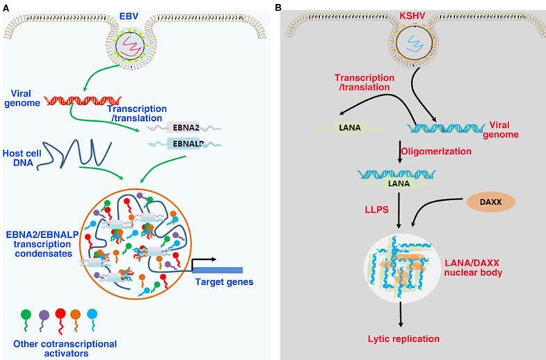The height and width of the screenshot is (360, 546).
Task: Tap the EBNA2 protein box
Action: [x=184, y=127]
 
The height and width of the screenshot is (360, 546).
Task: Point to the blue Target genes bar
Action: [x=218, y=270]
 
